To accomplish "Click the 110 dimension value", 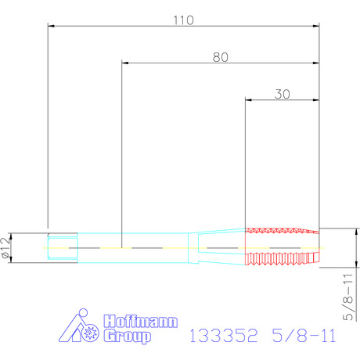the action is point(183,20).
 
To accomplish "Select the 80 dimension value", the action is point(221,57).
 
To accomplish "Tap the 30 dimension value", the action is point(282,94).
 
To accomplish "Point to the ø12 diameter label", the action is point(5,248).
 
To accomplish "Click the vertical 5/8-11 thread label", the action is point(347,297).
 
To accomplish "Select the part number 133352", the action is point(223,336).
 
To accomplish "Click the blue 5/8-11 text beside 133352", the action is point(304,336).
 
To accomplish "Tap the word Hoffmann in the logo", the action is point(141,321).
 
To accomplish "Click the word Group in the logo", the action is point(128,336).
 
